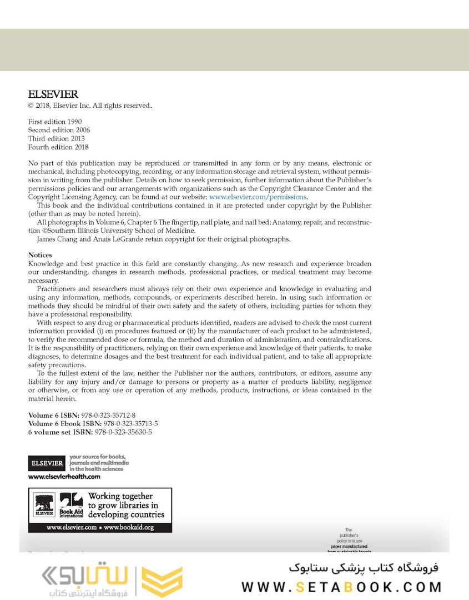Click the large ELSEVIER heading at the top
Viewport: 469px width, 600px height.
53,94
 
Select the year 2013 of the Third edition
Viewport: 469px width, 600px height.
78,138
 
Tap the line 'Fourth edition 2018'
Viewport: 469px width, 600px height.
58,147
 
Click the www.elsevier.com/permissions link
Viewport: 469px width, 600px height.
258,197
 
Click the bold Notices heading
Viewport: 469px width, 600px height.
40,255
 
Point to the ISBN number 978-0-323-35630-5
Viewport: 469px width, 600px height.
123,432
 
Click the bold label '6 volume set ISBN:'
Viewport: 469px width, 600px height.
60,432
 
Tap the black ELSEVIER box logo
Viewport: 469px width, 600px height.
47,462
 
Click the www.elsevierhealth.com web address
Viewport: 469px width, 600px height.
64,477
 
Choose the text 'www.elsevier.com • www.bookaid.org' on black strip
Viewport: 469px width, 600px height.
100,527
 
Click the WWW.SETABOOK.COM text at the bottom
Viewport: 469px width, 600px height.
341,587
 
